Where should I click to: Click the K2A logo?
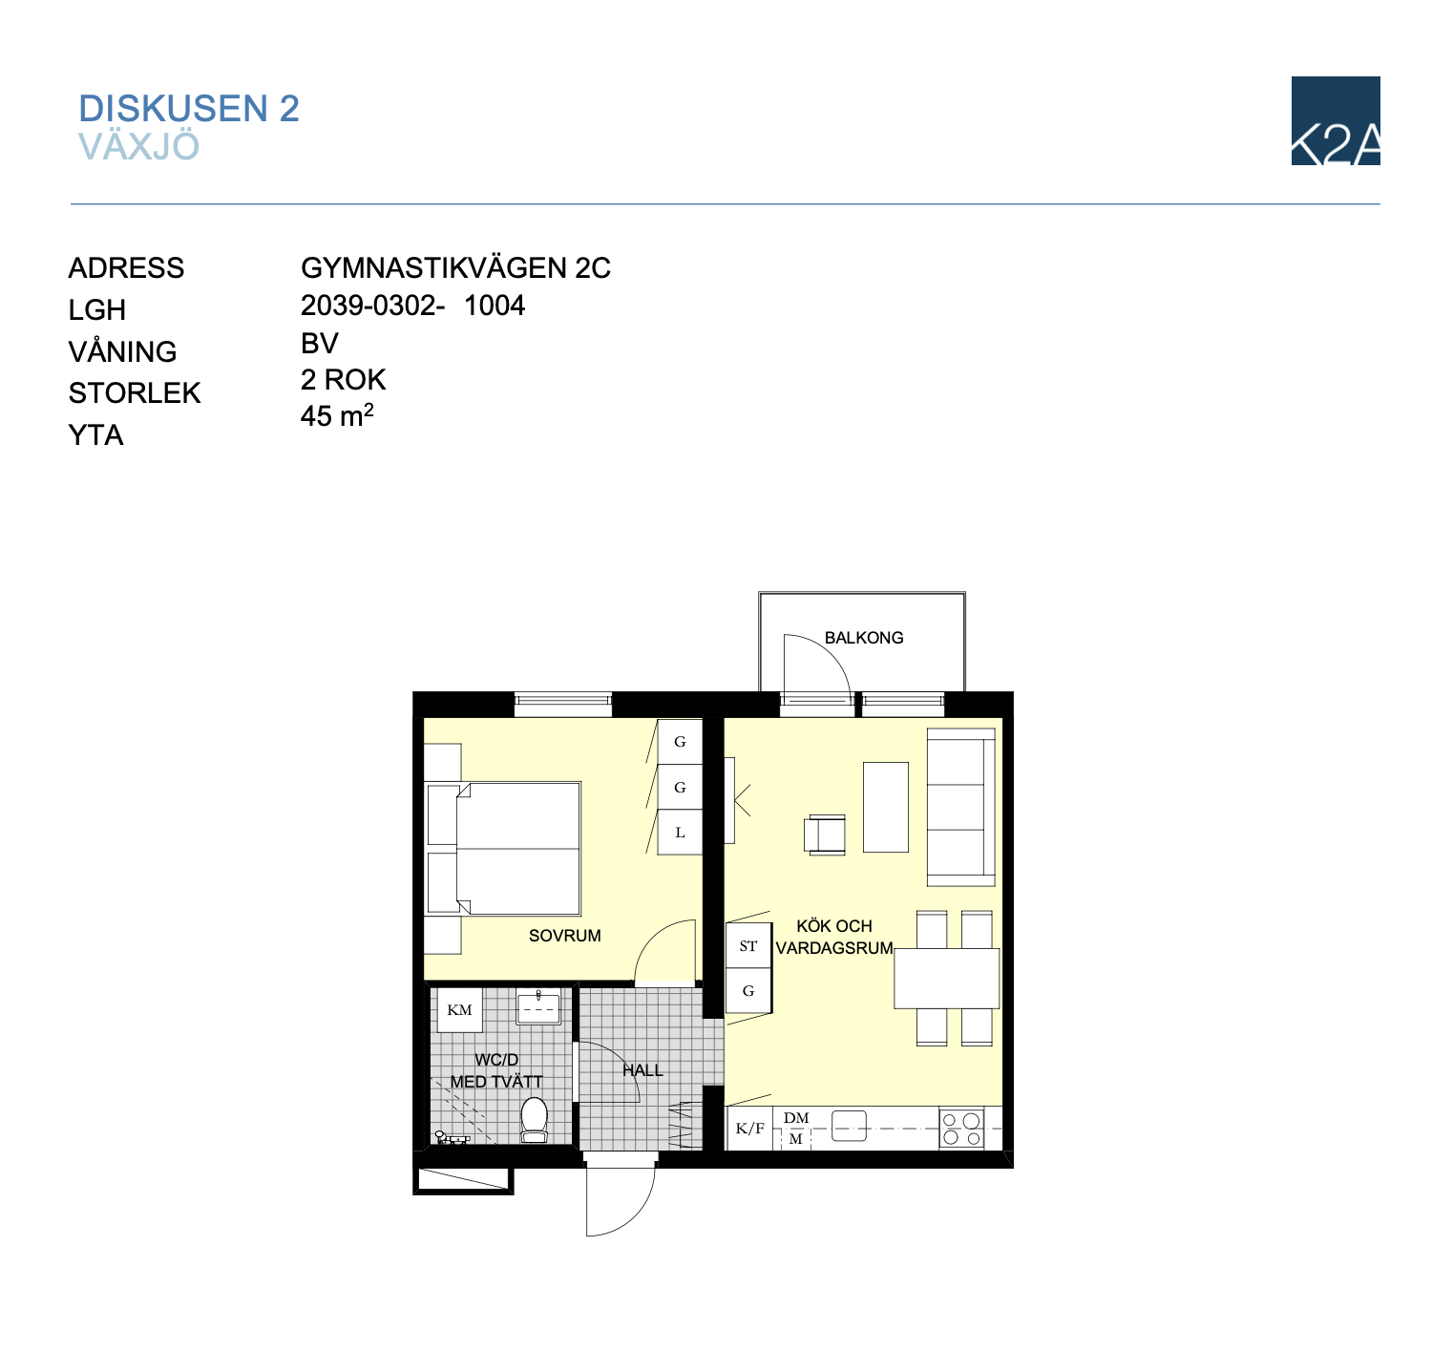[1335, 120]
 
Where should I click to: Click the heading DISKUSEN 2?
[189, 108]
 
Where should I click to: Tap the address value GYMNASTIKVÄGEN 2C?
[455, 267]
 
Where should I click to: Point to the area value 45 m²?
[337, 415]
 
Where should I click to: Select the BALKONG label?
[864, 638]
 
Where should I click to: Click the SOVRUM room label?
[564, 936]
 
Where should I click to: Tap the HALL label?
[642, 1070]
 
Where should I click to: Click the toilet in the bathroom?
[535, 1120]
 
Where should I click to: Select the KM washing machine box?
[460, 1010]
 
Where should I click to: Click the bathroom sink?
[538, 1006]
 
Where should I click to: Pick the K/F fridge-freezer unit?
[749, 1129]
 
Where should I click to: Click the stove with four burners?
[962, 1130]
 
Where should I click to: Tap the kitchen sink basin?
[849, 1126]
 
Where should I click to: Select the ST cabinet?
[748, 946]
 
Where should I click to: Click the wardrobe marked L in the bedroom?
[680, 833]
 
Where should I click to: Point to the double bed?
[504, 849]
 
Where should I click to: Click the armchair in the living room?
[826, 835]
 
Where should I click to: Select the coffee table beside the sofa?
[885, 808]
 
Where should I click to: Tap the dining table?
[947, 979]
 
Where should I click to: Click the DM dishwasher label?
[796, 1117]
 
